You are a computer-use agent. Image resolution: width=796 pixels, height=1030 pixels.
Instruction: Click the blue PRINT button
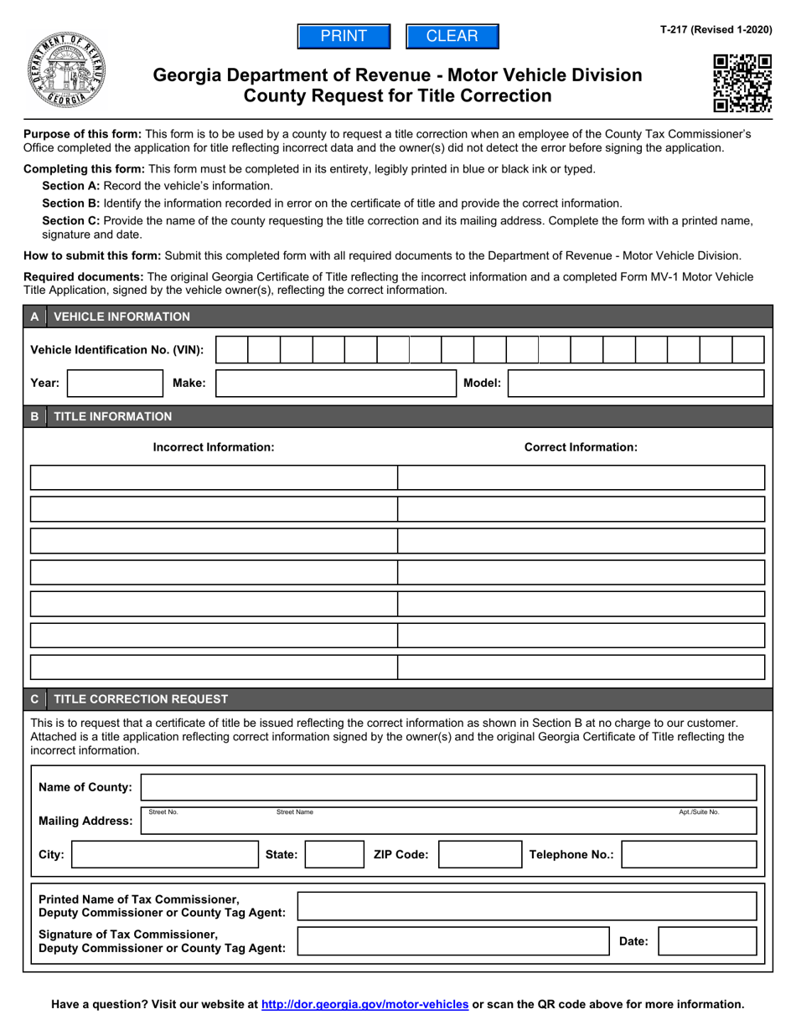click(x=344, y=37)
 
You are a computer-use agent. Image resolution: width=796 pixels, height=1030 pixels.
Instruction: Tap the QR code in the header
click(x=742, y=83)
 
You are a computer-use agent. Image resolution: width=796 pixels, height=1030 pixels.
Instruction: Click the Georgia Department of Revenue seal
click(x=66, y=72)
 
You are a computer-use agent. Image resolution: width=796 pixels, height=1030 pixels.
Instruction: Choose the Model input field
click(x=636, y=384)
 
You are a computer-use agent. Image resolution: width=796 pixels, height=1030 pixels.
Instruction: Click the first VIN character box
click(x=232, y=350)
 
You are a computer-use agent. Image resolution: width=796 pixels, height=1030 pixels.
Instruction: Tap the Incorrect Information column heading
click(x=214, y=447)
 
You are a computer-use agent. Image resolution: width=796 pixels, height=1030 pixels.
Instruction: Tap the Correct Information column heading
click(x=581, y=447)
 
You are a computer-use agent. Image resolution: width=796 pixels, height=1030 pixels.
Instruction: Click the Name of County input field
click(x=449, y=788)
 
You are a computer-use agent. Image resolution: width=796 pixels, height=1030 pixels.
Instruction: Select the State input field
click(x=332, y=855)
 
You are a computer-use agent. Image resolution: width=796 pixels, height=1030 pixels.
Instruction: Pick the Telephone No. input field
click(x=689, y=855)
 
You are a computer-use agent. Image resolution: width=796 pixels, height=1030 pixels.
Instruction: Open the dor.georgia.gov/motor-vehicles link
click(x=365, y=1004)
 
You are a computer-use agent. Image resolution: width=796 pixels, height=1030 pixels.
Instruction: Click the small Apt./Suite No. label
click(x=699, y=812)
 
